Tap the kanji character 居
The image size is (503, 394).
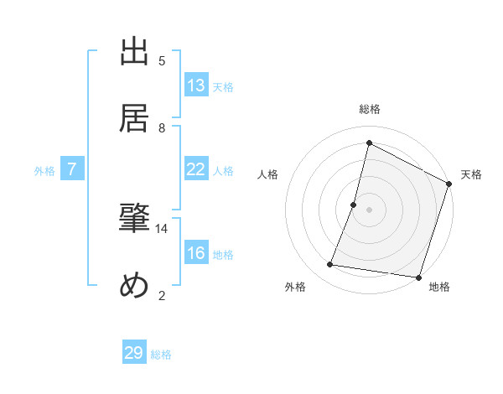point(134,119)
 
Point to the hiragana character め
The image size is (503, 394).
point(134,287)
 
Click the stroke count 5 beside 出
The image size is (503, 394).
point(162,61)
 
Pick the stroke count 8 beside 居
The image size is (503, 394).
point(162,127)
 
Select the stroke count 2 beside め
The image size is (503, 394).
point(162,294)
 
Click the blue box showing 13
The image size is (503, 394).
point(196,86)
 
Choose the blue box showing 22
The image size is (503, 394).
point(196,169)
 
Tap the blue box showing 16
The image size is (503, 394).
point(196,254)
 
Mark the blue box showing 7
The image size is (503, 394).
point(72,169)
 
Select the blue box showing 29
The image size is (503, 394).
point(134,353)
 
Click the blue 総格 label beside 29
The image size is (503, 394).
point(162,355)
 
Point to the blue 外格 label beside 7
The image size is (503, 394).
point(44,171)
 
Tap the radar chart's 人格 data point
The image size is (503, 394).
point(354,205)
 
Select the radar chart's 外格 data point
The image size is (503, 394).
point(330,265)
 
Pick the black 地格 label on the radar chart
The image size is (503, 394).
point(439,288)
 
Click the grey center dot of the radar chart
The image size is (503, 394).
point(369,208)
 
